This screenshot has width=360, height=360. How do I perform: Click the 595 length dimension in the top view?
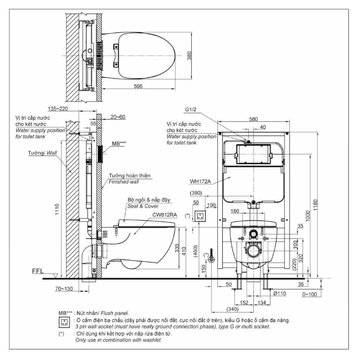(139, 86)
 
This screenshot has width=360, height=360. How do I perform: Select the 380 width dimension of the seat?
(195, 55)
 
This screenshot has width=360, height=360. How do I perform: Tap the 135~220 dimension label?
(58, 108)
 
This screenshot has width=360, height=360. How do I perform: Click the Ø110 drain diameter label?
(279, 294)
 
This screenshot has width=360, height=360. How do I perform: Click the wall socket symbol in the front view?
(200, 216)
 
